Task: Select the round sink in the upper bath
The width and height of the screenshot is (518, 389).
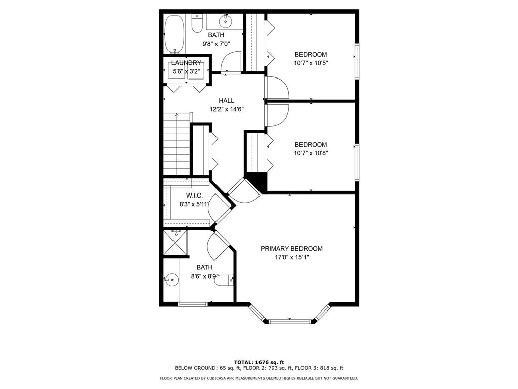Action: click(225, 21)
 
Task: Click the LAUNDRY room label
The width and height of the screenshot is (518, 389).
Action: click(186, 63)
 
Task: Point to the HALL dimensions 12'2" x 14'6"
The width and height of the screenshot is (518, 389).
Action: click(227, 109)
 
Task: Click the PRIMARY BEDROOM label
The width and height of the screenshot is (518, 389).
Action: click(291, 249)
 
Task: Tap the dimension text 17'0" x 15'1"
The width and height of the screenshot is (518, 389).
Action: click(291, 257)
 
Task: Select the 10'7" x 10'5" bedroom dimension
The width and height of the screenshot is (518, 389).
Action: click(311, 63)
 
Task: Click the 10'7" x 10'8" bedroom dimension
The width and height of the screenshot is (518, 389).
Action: click(311, 153)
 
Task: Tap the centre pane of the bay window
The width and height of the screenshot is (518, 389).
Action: click(290, 321)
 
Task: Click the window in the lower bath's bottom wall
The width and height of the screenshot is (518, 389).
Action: click(193, 304)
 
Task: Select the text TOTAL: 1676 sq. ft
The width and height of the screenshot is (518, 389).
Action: click(258, 362)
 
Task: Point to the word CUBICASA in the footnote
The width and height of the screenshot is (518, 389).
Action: click(223, 378)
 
